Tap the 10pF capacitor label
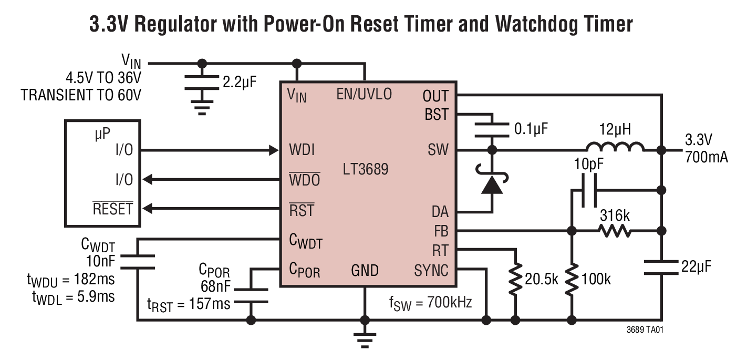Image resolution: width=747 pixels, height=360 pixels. [x=587, y=164]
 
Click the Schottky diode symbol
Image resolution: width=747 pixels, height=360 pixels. [x=492, y=184]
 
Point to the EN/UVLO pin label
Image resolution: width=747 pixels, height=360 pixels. [x=364, y=95]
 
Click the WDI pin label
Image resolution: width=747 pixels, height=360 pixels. [x=302, y=150]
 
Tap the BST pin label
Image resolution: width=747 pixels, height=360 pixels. [x=436, y=114]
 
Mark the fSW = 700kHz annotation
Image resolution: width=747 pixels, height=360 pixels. [x=428, y=302]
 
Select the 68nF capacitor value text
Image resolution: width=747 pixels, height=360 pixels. [x=215, y=286]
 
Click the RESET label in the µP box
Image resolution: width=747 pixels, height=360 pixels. [x=112, y=209]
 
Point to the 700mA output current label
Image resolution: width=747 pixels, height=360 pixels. [x=707, y=156]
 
